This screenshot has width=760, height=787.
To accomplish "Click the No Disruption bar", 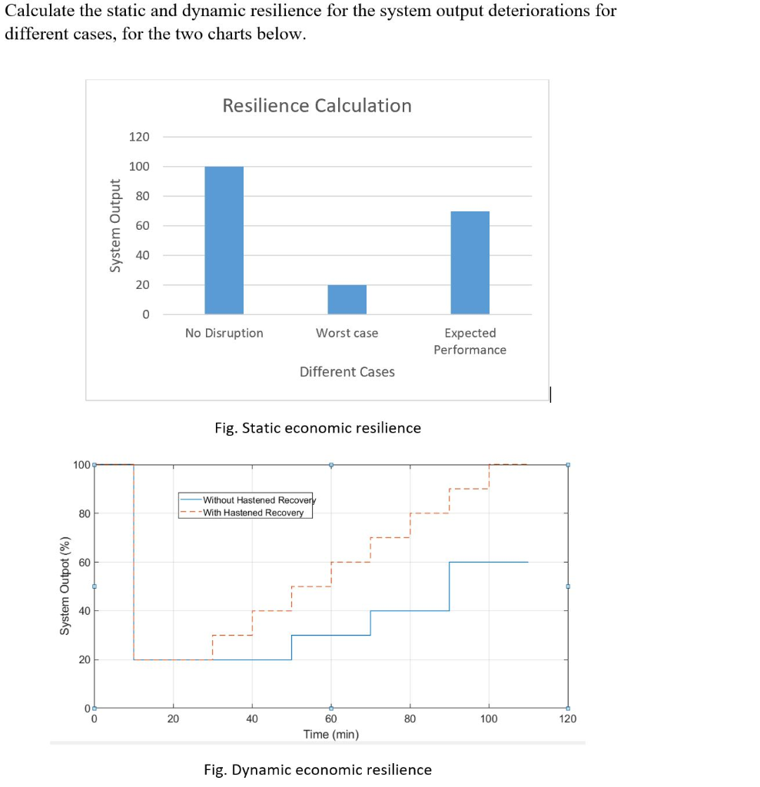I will point(224,240).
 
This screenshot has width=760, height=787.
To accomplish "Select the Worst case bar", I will point(347,299).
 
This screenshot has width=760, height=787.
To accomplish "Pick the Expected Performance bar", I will point(470,262).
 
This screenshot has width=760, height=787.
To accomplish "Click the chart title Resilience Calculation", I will point(317,105).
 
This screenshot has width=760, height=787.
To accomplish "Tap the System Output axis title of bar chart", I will point(116,225).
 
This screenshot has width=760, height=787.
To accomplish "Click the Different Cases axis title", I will point(347,372).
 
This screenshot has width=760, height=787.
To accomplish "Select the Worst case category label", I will point(347,333).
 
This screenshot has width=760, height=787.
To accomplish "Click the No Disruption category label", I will point(224,333).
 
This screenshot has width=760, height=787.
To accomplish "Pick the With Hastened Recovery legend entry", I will point(253,513).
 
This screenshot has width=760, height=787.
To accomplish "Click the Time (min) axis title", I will point(330,734).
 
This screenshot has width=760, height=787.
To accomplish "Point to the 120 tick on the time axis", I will point(568,719).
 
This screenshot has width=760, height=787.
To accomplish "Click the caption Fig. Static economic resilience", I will point(317,428).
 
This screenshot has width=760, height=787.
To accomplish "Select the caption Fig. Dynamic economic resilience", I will point(317,769).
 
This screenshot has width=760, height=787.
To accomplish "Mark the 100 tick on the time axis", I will point(489,719).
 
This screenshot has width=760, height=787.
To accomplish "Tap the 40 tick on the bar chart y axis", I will point(142,255).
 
